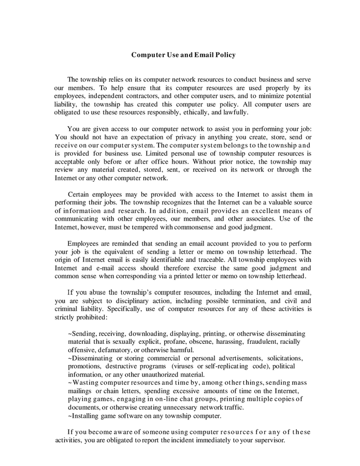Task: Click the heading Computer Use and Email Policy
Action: click(x=183, y=54)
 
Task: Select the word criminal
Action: click(x=69, y=309)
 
